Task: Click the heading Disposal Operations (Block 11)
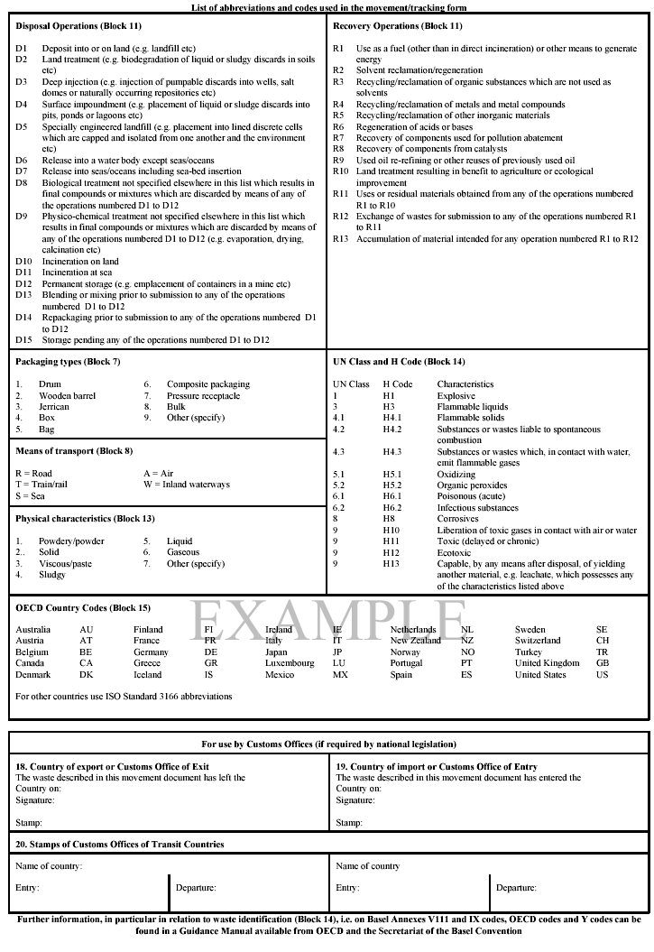point(78,26)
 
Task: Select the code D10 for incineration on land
point(23,262)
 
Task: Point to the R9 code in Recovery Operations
point(338,160)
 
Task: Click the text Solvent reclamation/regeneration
point(419,70)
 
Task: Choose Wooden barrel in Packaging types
point(67,396)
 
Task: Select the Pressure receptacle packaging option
point(204,396)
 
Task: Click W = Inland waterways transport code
point(187,485)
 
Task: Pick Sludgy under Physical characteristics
point(52,575)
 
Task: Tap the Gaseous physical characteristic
point(183,552)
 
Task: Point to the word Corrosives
point(458,519)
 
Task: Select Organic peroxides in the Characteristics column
point(471,485)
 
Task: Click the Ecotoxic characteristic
point(456,552)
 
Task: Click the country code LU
point(339,663)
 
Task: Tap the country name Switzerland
point(538,641)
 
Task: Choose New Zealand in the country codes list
point(416,641)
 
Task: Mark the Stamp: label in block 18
point(29,823)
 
